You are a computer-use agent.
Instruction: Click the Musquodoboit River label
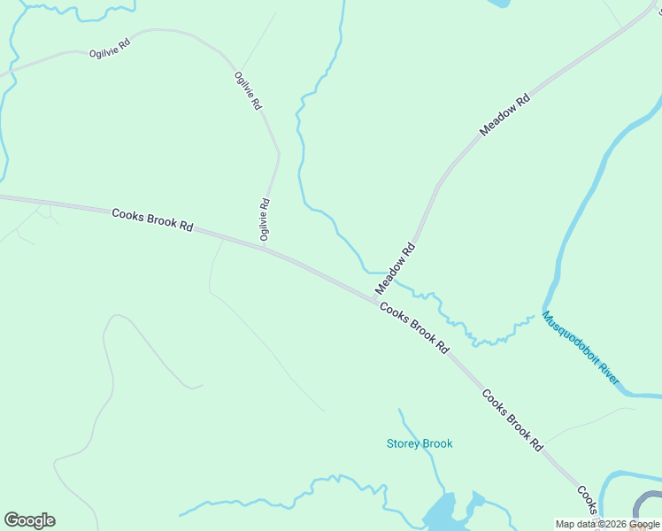[x=581, y=349]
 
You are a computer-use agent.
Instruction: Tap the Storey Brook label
[x=419, y=443]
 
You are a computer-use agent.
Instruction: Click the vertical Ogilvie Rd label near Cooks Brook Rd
[x=264, y=219]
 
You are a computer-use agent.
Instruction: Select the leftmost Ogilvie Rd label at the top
[x=110, y=48]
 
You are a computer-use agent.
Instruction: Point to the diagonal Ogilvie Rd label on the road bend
[x=248, y=90]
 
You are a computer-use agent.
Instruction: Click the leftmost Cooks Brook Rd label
[x=152, y=219]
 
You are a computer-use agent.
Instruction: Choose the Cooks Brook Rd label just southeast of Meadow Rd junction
[x=414, y=327]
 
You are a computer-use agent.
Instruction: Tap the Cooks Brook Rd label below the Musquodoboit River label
[x=512, y=420]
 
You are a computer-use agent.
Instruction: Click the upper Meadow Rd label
[x=504, y=114]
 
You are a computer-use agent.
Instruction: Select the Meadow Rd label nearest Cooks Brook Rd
[x=395, y=269]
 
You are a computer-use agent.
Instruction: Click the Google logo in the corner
[x=29, y=520]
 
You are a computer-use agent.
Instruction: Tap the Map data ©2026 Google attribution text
[x=607, y=525]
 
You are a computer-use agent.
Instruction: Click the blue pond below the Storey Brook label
[x=440, y=512]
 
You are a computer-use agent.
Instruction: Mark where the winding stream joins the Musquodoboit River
[x=537, y=315]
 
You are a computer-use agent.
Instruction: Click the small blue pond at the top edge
[x=497, y=3]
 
